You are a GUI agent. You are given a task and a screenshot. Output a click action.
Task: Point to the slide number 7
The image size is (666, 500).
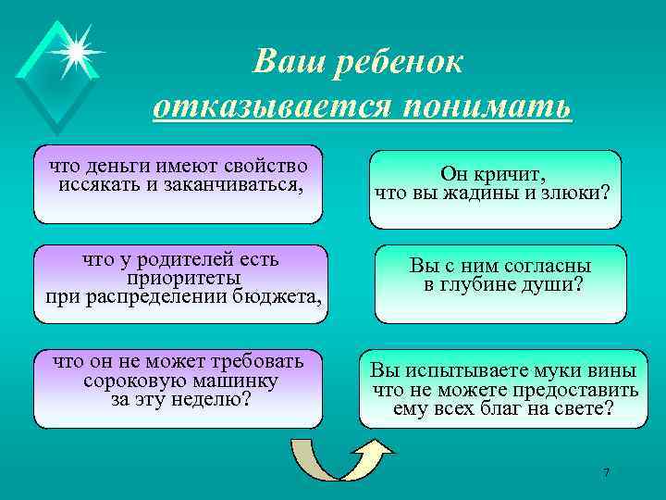(606, 473)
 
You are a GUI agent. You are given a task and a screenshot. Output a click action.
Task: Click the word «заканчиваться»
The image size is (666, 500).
(247, 183)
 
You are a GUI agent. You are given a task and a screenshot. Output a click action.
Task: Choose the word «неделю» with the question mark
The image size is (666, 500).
(214, 398)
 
